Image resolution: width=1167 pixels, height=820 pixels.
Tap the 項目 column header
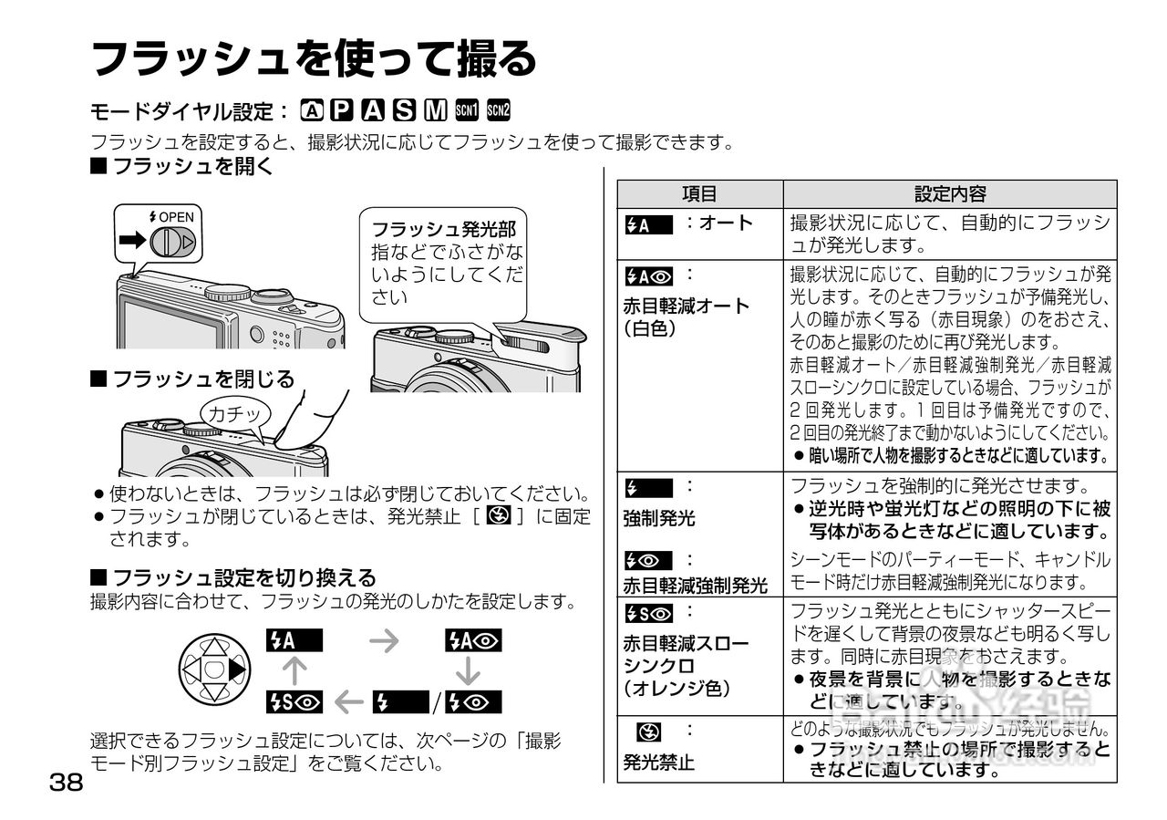click(x=699, y=194)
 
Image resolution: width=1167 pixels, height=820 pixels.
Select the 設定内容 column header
click(x=949, y=194)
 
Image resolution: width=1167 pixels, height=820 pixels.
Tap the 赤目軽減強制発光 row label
click(x=695, y=585)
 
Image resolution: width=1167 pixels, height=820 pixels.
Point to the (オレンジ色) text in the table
click(x=676, y=689)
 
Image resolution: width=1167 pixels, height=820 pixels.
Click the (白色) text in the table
click(x=650, y=328)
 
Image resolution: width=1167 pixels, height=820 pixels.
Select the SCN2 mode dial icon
click(x=499, y=111)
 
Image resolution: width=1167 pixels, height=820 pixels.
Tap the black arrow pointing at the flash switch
click(x=133, y=241)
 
